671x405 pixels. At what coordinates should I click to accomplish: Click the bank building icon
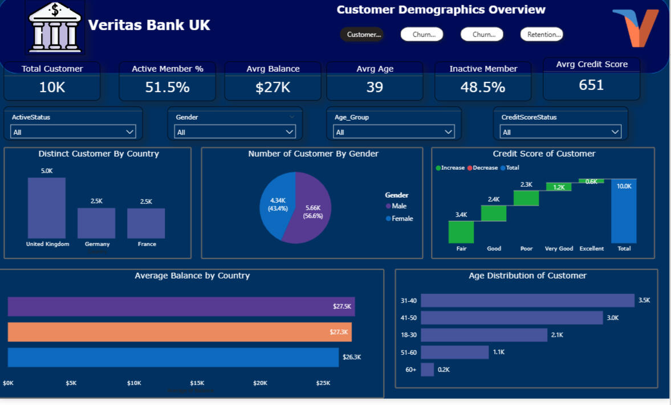click(x=55, y=27)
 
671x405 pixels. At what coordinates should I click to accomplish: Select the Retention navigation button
click(x=542, y=35)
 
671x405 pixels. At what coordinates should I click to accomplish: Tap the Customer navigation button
click(x=361, y=35)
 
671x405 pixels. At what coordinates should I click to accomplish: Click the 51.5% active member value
click(x=167, y=87)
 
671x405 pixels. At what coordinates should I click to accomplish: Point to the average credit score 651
click(x=591, y=85)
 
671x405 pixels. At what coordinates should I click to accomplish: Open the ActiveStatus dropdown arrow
click(x=129, y=132)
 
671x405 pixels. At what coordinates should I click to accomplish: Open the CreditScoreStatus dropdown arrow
click(x=615, y=132)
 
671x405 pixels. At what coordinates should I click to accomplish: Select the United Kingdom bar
click(x=47, y=208)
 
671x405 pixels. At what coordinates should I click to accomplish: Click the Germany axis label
click(x=97, y=244)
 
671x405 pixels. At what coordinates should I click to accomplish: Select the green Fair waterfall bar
click(x=461, y=232)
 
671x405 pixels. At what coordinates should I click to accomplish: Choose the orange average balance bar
click(x=180, y=332)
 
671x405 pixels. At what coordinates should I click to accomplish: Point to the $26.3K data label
click(x=352, y=357)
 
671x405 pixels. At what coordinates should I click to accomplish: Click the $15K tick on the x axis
click(x=197, y=383)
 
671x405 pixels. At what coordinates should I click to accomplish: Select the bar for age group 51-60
click(x=454, y=352)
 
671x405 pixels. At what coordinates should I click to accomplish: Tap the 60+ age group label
click(x=410, y=370)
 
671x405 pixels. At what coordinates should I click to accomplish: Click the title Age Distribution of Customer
click(x=527, y=276)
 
